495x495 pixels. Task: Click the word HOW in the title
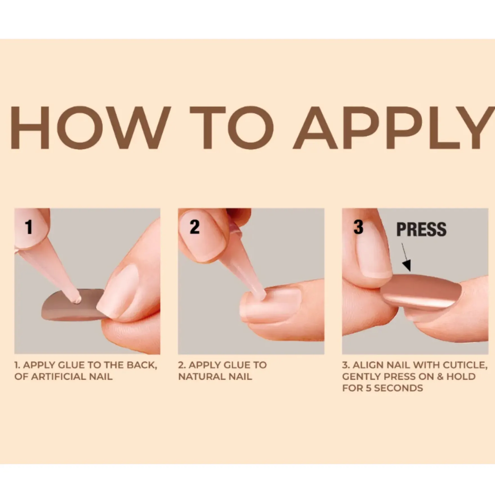click(91, 128)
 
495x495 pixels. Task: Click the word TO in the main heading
click(231, 128)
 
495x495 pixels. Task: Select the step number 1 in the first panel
click(29, 227)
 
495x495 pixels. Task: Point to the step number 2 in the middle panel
click(194, 227)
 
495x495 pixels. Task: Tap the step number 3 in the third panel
click(358, 227)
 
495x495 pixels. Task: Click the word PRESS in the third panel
click(421, 229)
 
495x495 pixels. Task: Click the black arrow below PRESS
click(406, 257)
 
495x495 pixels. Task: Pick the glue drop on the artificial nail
click(76, 299)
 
